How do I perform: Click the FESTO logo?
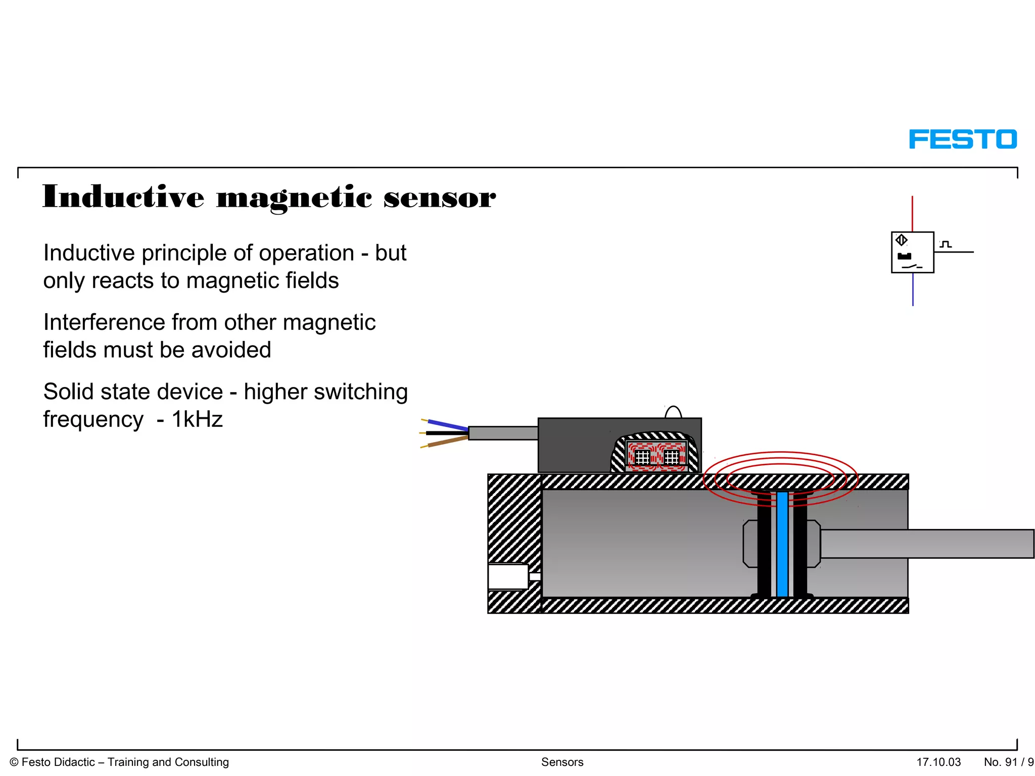coord(962,139)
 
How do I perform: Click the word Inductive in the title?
coord(123,197)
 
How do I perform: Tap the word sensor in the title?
coord(439,198)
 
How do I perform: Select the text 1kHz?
coord(197,419)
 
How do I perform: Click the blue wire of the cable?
coord(448,425)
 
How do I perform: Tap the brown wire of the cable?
coord(448,442)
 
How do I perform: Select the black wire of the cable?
coord(448,433)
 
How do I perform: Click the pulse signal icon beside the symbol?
coord(946,245)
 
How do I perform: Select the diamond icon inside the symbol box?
coord(901,240)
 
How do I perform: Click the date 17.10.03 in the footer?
coord(938,762)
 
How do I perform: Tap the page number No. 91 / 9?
coord(1008,762)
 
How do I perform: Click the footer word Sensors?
coord(562,762)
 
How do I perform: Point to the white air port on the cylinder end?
coord(508,576)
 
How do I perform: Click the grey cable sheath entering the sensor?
coord(503,433)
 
